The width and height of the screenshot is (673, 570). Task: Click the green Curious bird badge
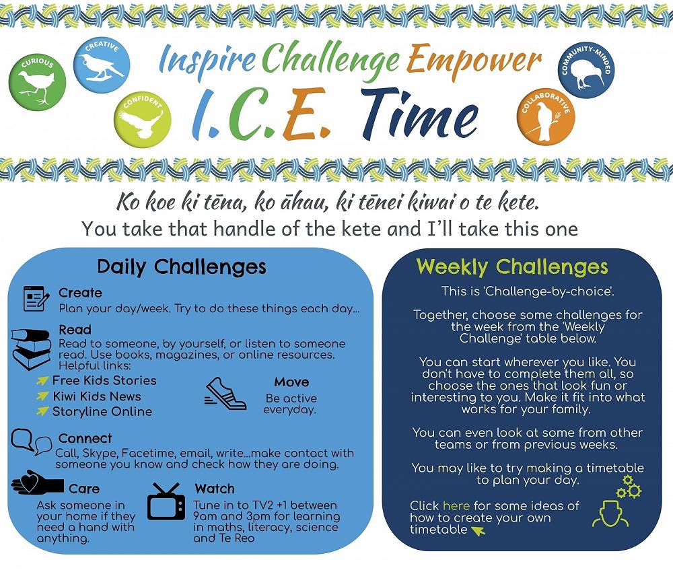point(37,82)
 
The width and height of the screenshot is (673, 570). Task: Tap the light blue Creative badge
point(102,65)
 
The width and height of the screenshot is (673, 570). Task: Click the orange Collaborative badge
point(546,116)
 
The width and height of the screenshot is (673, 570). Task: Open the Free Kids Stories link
point(104,380)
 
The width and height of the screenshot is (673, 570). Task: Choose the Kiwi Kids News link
point(96,396)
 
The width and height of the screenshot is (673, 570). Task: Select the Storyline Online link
point(102,412)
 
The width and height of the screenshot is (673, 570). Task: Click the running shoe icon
point(225,394)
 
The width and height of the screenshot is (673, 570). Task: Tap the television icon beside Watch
point(166,501)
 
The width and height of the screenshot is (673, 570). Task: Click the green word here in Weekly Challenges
point(456,505)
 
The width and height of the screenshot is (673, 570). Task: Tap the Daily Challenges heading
point(182,267)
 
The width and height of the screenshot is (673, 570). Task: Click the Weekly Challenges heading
point(512,267)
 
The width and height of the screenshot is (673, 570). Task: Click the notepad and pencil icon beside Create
point(36,299)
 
